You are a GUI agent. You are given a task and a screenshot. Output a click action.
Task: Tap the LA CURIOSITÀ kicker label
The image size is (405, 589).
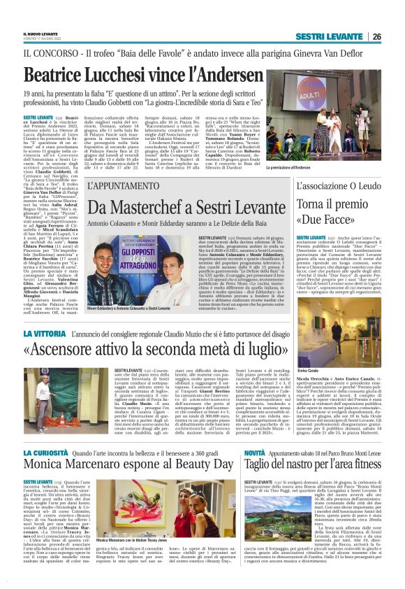tap(46, 454)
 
